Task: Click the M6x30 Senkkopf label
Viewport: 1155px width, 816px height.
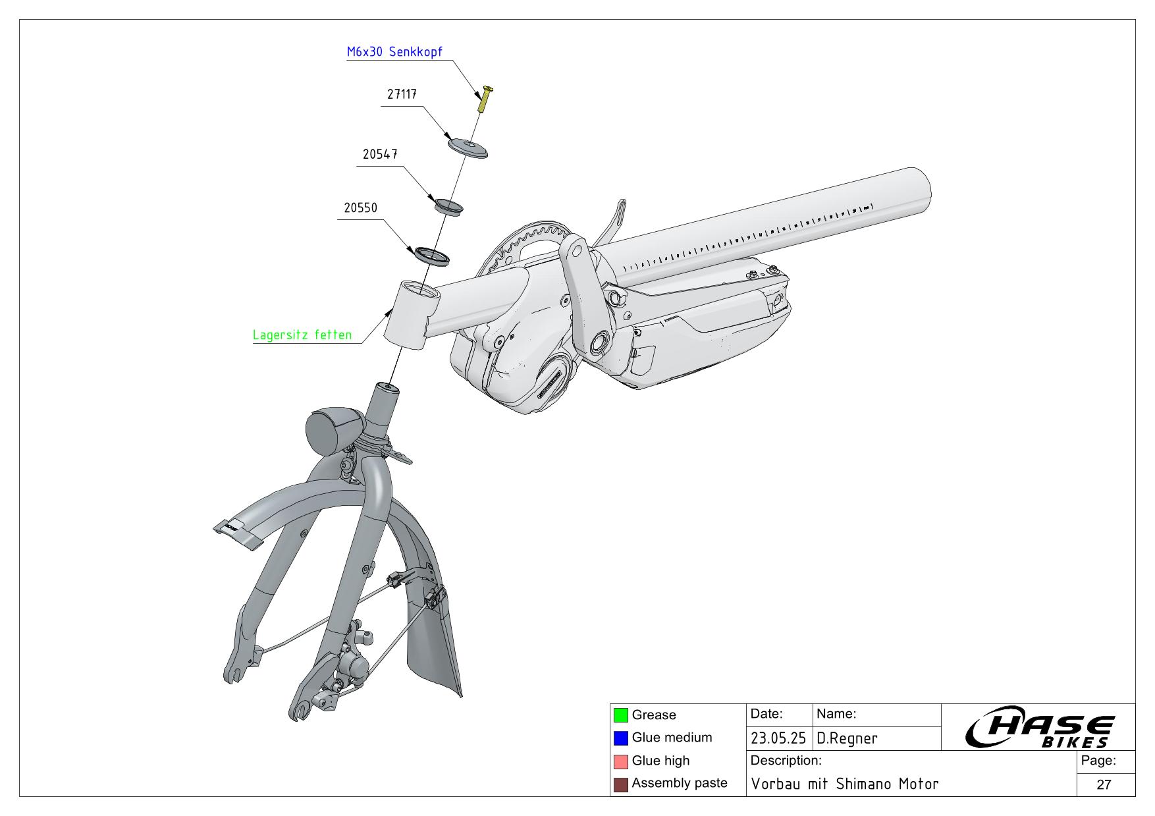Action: point(394,52)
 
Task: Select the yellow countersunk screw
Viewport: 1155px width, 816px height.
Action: point(485,99)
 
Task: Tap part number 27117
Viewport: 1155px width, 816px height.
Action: point(401,95)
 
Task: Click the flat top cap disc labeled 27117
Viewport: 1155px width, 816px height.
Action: point(468,148)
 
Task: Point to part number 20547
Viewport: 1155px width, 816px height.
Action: point(379,154)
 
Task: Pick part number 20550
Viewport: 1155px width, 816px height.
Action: point(360,208)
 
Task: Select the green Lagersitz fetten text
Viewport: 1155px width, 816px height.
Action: point(302,335)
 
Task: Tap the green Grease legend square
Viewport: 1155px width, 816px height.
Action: point(620,715)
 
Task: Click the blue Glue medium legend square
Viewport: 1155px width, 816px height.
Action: point(620,738)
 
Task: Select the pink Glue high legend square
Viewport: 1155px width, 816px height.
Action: point(620,761)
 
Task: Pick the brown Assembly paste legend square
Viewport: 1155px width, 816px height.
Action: point(620,784)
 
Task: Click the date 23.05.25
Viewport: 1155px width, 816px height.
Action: point(778,739)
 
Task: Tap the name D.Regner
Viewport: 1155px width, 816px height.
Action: point(847,739)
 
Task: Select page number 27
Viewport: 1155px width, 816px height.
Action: point(1104,784)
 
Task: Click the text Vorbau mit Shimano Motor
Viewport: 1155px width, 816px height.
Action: point(844,784)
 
